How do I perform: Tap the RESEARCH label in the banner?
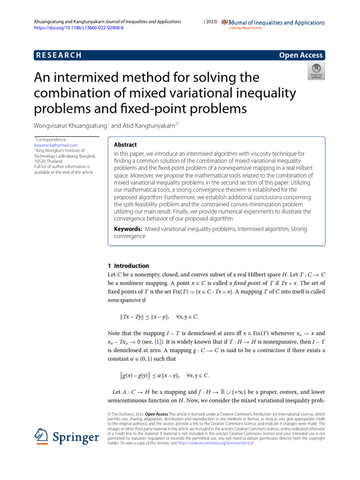click(x=59, y=55)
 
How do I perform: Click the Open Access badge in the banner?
click(x=300, y=55)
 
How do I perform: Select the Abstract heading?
click(x=126, y=145)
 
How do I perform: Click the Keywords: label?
click(x=128, y=229)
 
